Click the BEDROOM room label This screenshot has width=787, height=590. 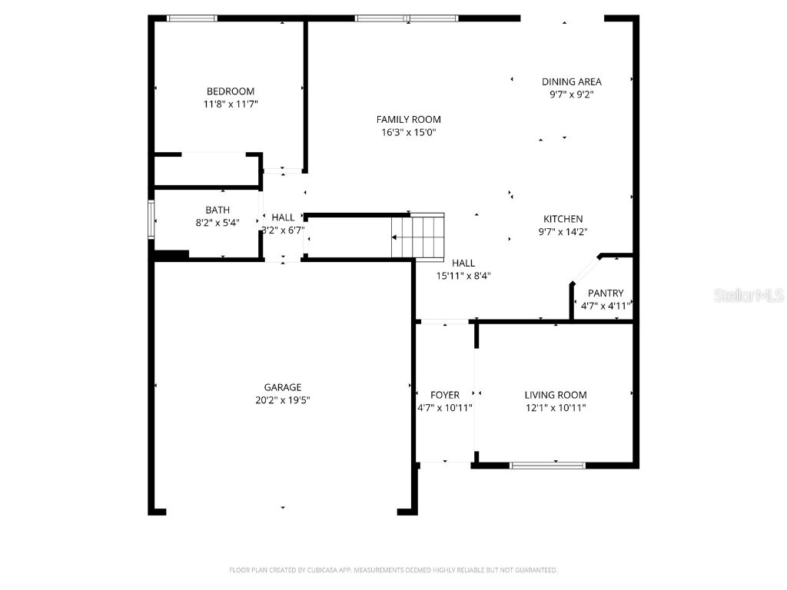[230, 91]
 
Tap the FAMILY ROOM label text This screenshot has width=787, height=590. [408, 119]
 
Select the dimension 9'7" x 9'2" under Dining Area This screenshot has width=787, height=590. [571, 94]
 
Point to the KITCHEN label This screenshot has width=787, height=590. [563, 219]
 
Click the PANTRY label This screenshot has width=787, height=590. [606, 293]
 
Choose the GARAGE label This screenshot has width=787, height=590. [283, 387]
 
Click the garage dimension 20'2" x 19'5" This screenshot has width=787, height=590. [283, 399]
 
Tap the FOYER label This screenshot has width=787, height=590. [444, 395]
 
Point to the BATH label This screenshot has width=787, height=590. [217, 210]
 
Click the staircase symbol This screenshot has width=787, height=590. [418, 237]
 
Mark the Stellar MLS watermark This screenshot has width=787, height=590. [748, 295]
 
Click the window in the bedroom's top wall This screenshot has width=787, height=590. [192, 18]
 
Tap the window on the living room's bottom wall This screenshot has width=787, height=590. [547, 465]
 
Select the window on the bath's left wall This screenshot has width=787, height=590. [151, 220]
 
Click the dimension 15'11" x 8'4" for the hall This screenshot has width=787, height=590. [463, 275]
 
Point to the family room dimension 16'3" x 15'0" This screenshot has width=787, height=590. [408, 132]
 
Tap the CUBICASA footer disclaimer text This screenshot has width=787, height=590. [393, 570]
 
